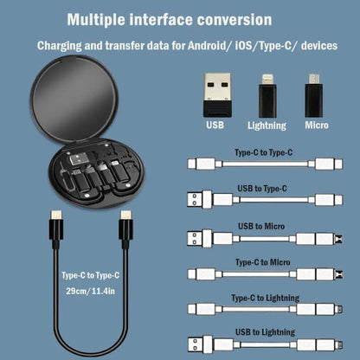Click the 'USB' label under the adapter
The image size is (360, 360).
click(215, 125)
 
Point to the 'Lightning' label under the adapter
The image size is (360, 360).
click(267, 125)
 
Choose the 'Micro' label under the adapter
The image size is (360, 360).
click(316, 125)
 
